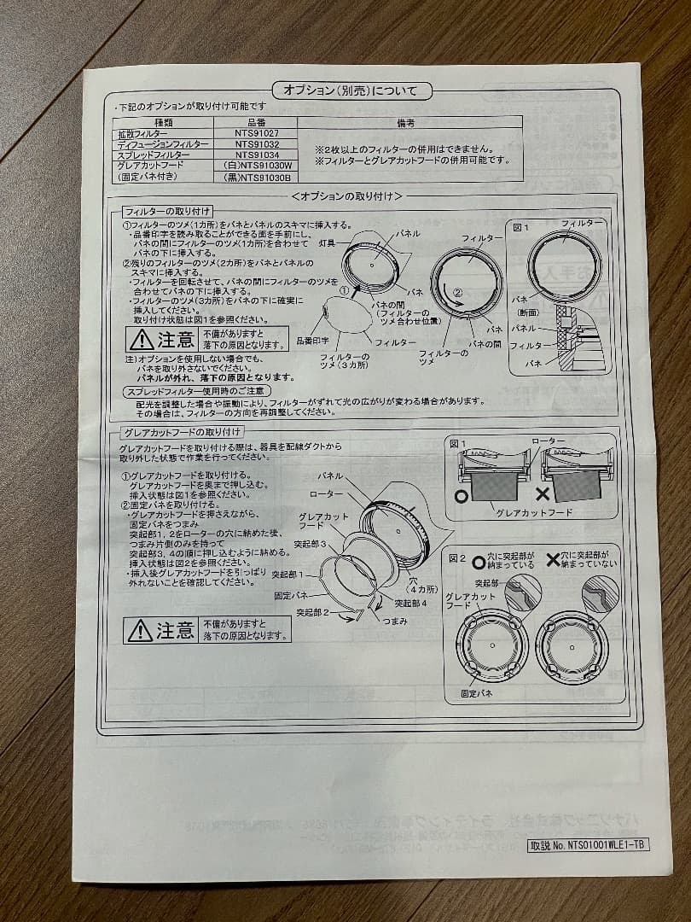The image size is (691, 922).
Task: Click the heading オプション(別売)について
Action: [x=351, y=90]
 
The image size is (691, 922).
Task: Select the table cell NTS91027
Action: [x=257, y=134]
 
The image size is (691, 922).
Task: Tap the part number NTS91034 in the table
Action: [x=257, y=155]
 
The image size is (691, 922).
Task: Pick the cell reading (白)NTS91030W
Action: [x=257, y=166]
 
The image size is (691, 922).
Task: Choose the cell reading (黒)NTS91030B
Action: [x=257, y=177]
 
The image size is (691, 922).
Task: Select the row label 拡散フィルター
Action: [x=143, y=134]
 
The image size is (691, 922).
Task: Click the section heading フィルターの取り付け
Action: [x=167, y=211]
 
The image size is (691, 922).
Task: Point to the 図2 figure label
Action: [x=458, y=557]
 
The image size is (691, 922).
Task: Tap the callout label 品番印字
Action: [x=311, y=340]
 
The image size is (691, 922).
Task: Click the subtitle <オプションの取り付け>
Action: [x=346, y=195]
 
